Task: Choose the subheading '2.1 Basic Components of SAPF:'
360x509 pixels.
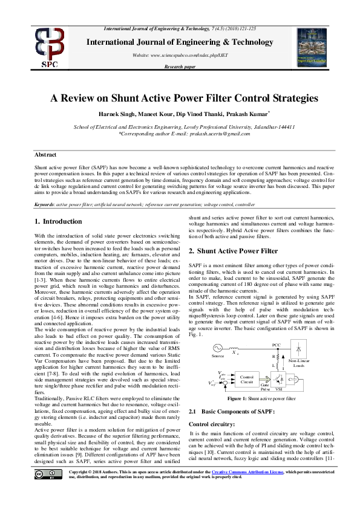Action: [232, 412]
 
